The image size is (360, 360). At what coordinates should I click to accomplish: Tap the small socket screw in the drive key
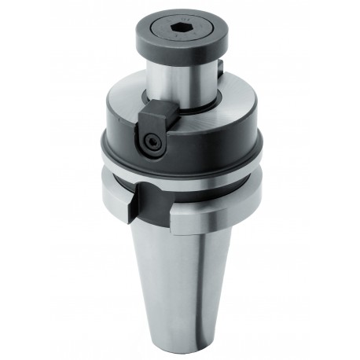coord(151,141)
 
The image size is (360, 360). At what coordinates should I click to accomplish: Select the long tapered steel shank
coord(185,275)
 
